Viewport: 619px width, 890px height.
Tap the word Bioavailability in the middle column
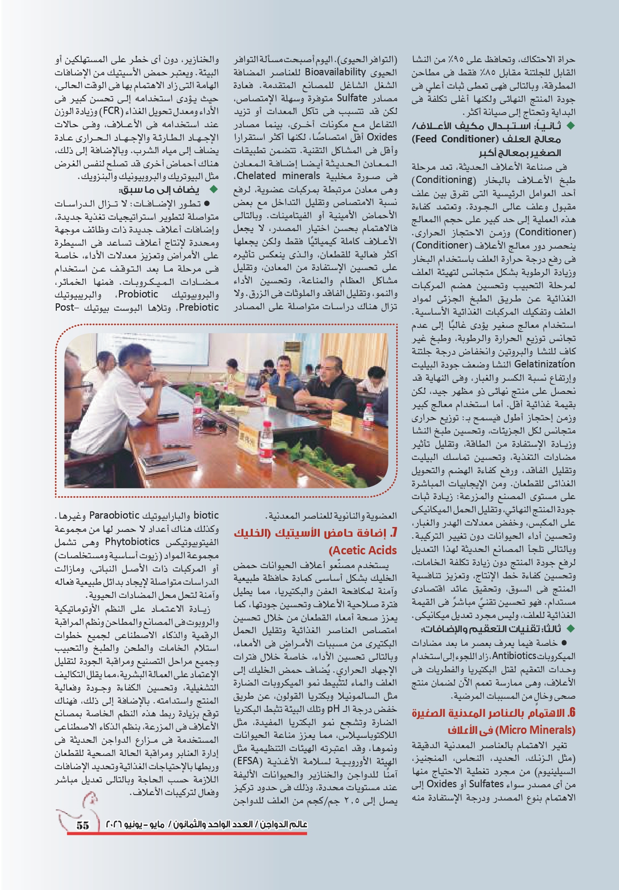(335, 72)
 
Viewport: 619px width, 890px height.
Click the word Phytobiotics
(132, 542)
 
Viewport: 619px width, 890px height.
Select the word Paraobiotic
(114, 516)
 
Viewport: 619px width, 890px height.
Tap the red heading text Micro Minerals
(535, 730)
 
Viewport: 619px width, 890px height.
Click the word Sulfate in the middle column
(352, 98)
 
